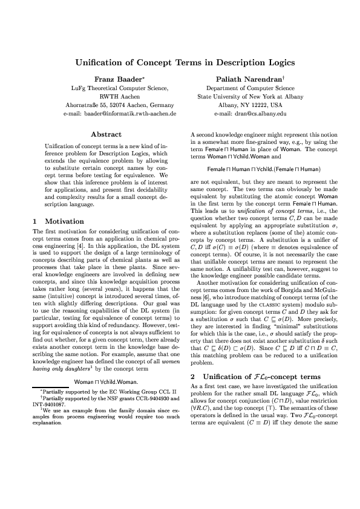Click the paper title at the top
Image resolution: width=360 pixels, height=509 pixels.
[x=180, y=63]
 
